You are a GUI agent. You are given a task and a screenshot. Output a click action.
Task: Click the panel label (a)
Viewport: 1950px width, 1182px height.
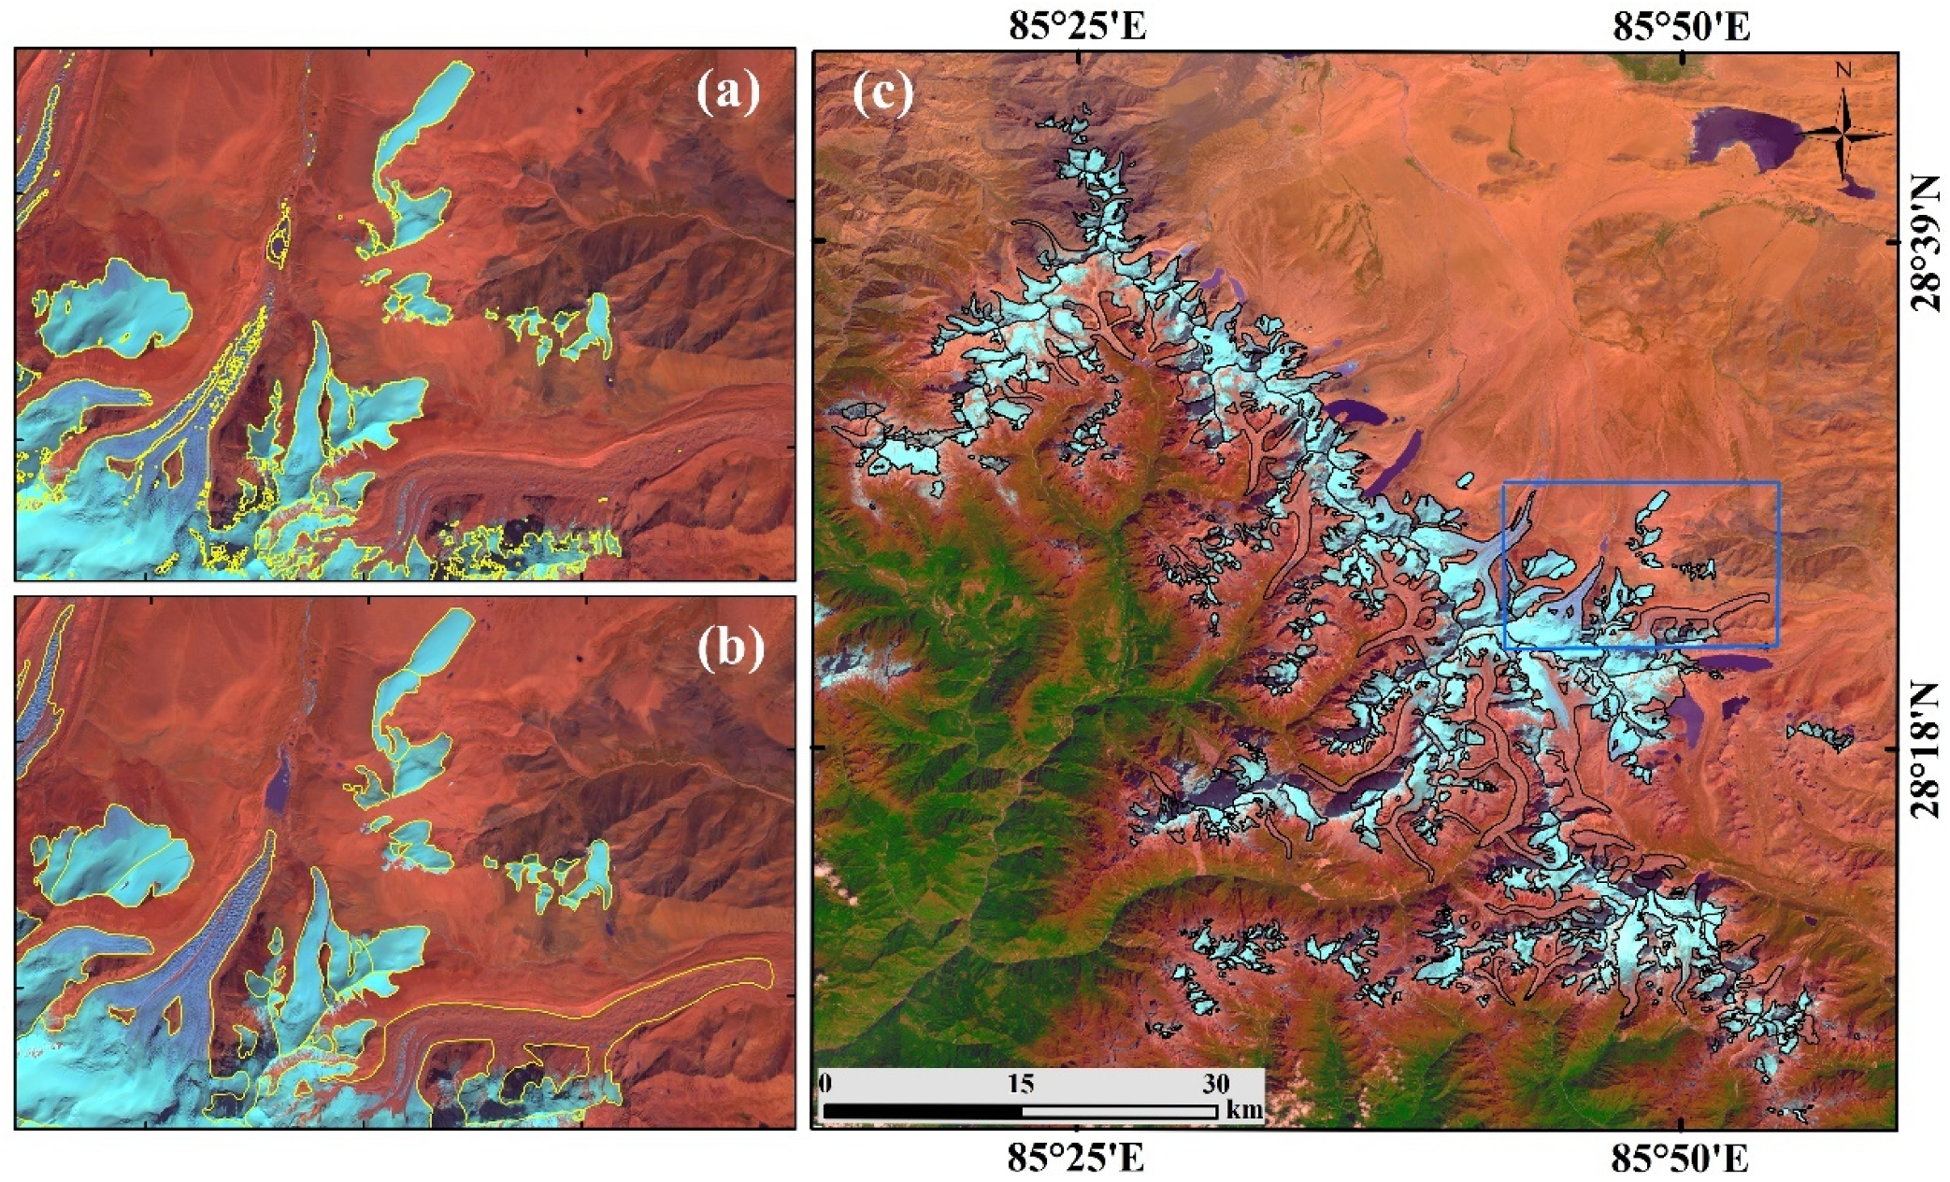(728, 94)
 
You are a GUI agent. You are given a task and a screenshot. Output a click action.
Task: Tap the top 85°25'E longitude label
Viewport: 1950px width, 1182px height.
(1077, 26)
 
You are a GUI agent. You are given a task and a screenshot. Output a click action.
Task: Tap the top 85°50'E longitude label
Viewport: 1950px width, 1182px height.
(1681, 26)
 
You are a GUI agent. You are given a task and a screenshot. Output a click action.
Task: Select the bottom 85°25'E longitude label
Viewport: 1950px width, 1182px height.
(1077, 1160)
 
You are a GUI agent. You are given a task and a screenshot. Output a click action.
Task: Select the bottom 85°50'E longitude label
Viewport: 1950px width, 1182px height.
(1681, 1160)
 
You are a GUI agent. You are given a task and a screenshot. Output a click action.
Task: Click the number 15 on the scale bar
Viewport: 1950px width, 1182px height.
(1021, 1084)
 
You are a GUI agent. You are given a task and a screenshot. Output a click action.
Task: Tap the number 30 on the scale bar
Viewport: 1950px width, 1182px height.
(1215, 1084)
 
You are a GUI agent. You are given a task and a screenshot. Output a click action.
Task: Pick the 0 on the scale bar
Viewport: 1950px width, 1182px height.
(825, 1084)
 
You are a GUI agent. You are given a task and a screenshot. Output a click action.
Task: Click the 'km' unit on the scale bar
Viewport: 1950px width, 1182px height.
(1243, 1111)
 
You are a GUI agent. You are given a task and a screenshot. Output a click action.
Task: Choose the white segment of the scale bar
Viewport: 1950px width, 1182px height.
(1119, 1112)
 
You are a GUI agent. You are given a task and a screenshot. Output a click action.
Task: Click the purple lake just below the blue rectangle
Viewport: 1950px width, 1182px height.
(1735, 662)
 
